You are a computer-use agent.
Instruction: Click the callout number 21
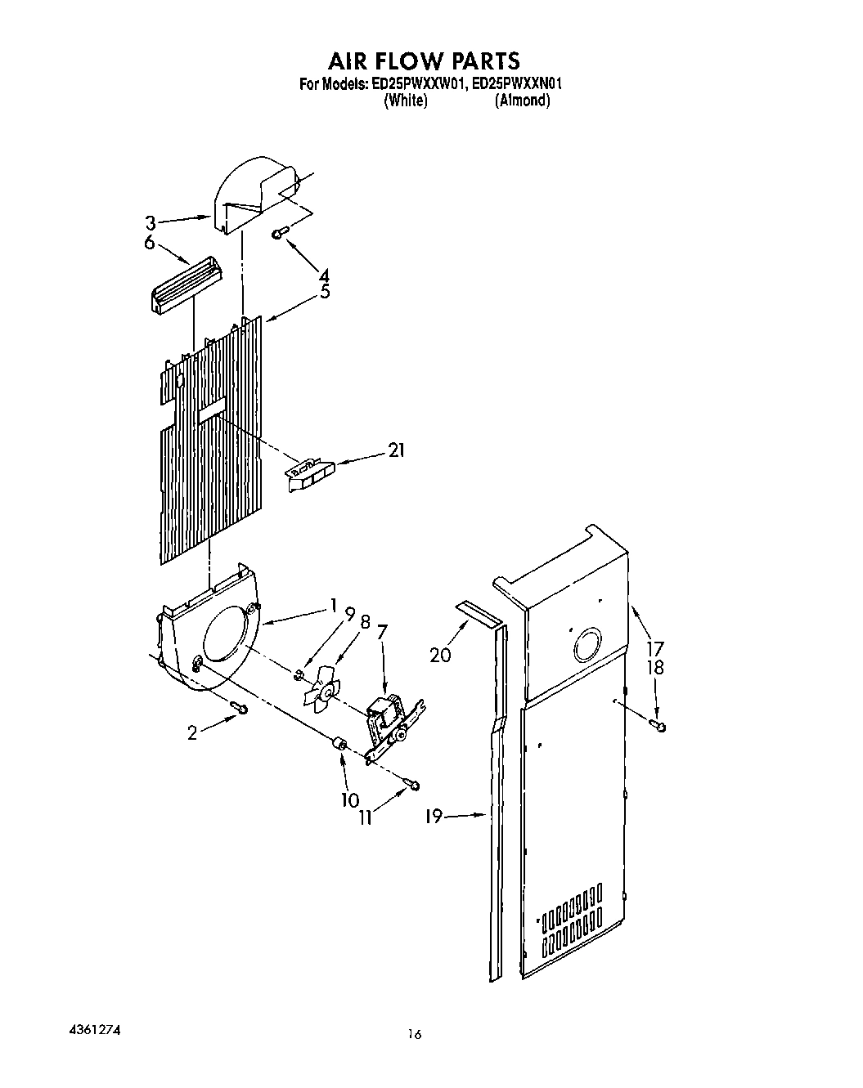coord(396,450)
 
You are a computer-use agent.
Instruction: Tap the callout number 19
coord(434,815)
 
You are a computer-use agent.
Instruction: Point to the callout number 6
coord(150,243)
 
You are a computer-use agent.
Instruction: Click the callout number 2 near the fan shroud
coord(192,733)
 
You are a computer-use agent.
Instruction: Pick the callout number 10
coord(350,799)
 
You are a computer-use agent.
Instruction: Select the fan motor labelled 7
coord(387,719)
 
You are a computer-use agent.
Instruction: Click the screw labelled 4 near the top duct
coord(279,235)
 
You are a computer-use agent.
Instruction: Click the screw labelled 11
coord(413,786)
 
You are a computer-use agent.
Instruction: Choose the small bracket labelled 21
coord(311,474)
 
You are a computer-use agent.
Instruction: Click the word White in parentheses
coord(405,101)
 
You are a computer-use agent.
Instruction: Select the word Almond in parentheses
coord(522,101)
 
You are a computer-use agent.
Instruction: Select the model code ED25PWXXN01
coord(519,83)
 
